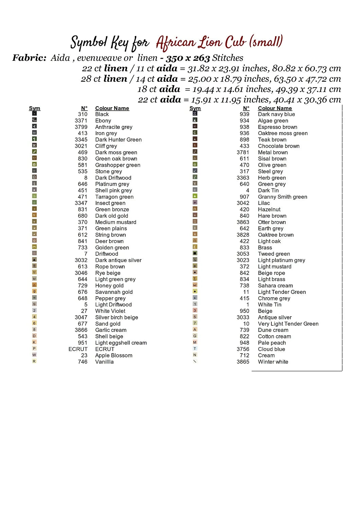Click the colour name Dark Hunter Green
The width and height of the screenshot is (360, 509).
click(x=118, y=139)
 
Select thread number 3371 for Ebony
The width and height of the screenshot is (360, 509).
click(x=81, y=120)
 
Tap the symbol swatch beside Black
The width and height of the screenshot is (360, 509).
click(x=34, y=114)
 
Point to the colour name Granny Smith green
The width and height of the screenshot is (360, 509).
click(x=282, y=197)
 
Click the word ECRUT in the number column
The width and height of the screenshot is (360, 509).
click(x=78, y=349)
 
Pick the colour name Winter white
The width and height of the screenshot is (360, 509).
click(x=273, y=362)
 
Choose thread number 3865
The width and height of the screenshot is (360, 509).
click(x=243, y=362)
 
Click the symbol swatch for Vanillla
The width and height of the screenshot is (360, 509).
click(x=34, y=361)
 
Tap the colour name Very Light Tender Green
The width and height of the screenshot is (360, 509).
click(x=288, y=324)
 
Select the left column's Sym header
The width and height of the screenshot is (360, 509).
click(x=34, y=108)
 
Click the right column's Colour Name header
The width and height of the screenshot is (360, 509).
click(x=275, y=108)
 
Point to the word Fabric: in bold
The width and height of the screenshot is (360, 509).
click(x=29, y=58)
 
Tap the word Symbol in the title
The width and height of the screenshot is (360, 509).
click(x=89, y=43)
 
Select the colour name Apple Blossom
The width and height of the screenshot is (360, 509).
click(x=113, y=355)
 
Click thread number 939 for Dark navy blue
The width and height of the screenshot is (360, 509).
click(x=244, y=114)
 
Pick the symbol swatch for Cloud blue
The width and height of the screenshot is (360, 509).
click(x=195, y=348)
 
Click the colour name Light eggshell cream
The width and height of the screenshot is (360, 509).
click(x=121, y=343)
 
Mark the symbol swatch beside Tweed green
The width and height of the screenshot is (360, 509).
click(x=195, y=253)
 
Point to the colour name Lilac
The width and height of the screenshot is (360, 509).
click(x=264, y=203)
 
